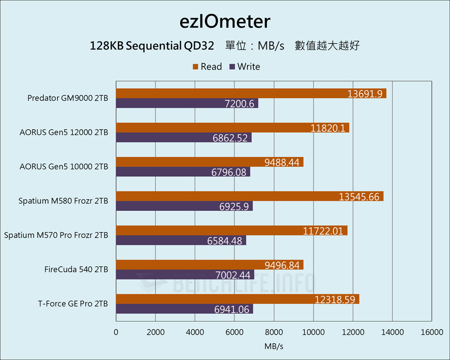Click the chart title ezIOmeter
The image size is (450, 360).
[x=225, y=21]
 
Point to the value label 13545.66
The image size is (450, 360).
[x=359, y=197]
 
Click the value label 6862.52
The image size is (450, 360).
[x=230, y=138]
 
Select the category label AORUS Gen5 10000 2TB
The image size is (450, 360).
[x=64, y=166]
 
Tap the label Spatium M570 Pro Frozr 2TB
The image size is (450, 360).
[x=56, y=235]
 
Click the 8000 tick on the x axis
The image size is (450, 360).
[x=274, y=332]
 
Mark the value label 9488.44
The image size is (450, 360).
[x=282, y=162]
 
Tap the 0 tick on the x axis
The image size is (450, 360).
[x=116, y=332]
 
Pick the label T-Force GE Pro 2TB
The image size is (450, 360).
[x=73, y=304]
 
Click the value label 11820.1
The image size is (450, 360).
[x=328, y=128]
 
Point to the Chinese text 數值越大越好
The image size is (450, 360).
[x=327, y=46]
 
